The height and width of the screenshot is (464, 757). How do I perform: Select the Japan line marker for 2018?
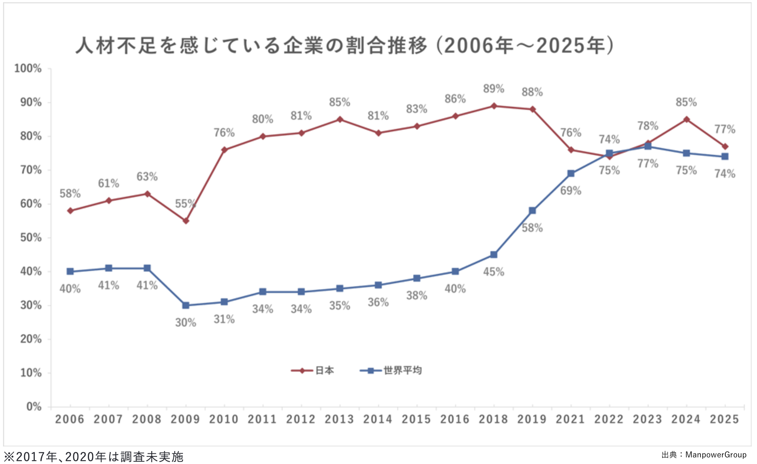click(494, 106)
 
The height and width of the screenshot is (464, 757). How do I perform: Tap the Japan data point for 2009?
click(186, 221)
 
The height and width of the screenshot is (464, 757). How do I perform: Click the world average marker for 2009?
click(186, 305)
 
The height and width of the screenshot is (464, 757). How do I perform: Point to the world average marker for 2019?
click(532, 211)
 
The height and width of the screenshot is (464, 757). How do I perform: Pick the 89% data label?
click(493, 89)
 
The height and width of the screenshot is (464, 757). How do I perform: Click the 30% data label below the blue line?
click(186, 323)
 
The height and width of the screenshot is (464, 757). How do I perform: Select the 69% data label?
click(571, 191)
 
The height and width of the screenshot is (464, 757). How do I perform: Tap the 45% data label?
click(493, 272)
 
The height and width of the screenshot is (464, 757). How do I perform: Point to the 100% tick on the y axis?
click(28, 69)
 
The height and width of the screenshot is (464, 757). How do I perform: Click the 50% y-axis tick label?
click(31, 238)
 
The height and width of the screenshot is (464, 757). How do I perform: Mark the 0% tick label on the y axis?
click(34, 407)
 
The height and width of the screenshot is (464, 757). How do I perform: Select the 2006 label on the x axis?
click(70, 419)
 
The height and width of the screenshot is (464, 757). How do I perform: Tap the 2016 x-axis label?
click(455, 419)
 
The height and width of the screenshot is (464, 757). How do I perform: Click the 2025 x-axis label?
click(724, 419)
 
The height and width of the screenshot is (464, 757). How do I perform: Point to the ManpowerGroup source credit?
click(704, 455)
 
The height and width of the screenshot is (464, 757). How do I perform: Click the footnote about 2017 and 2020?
click(94, 457)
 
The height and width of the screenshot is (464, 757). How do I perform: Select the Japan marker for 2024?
click(686, 119)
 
